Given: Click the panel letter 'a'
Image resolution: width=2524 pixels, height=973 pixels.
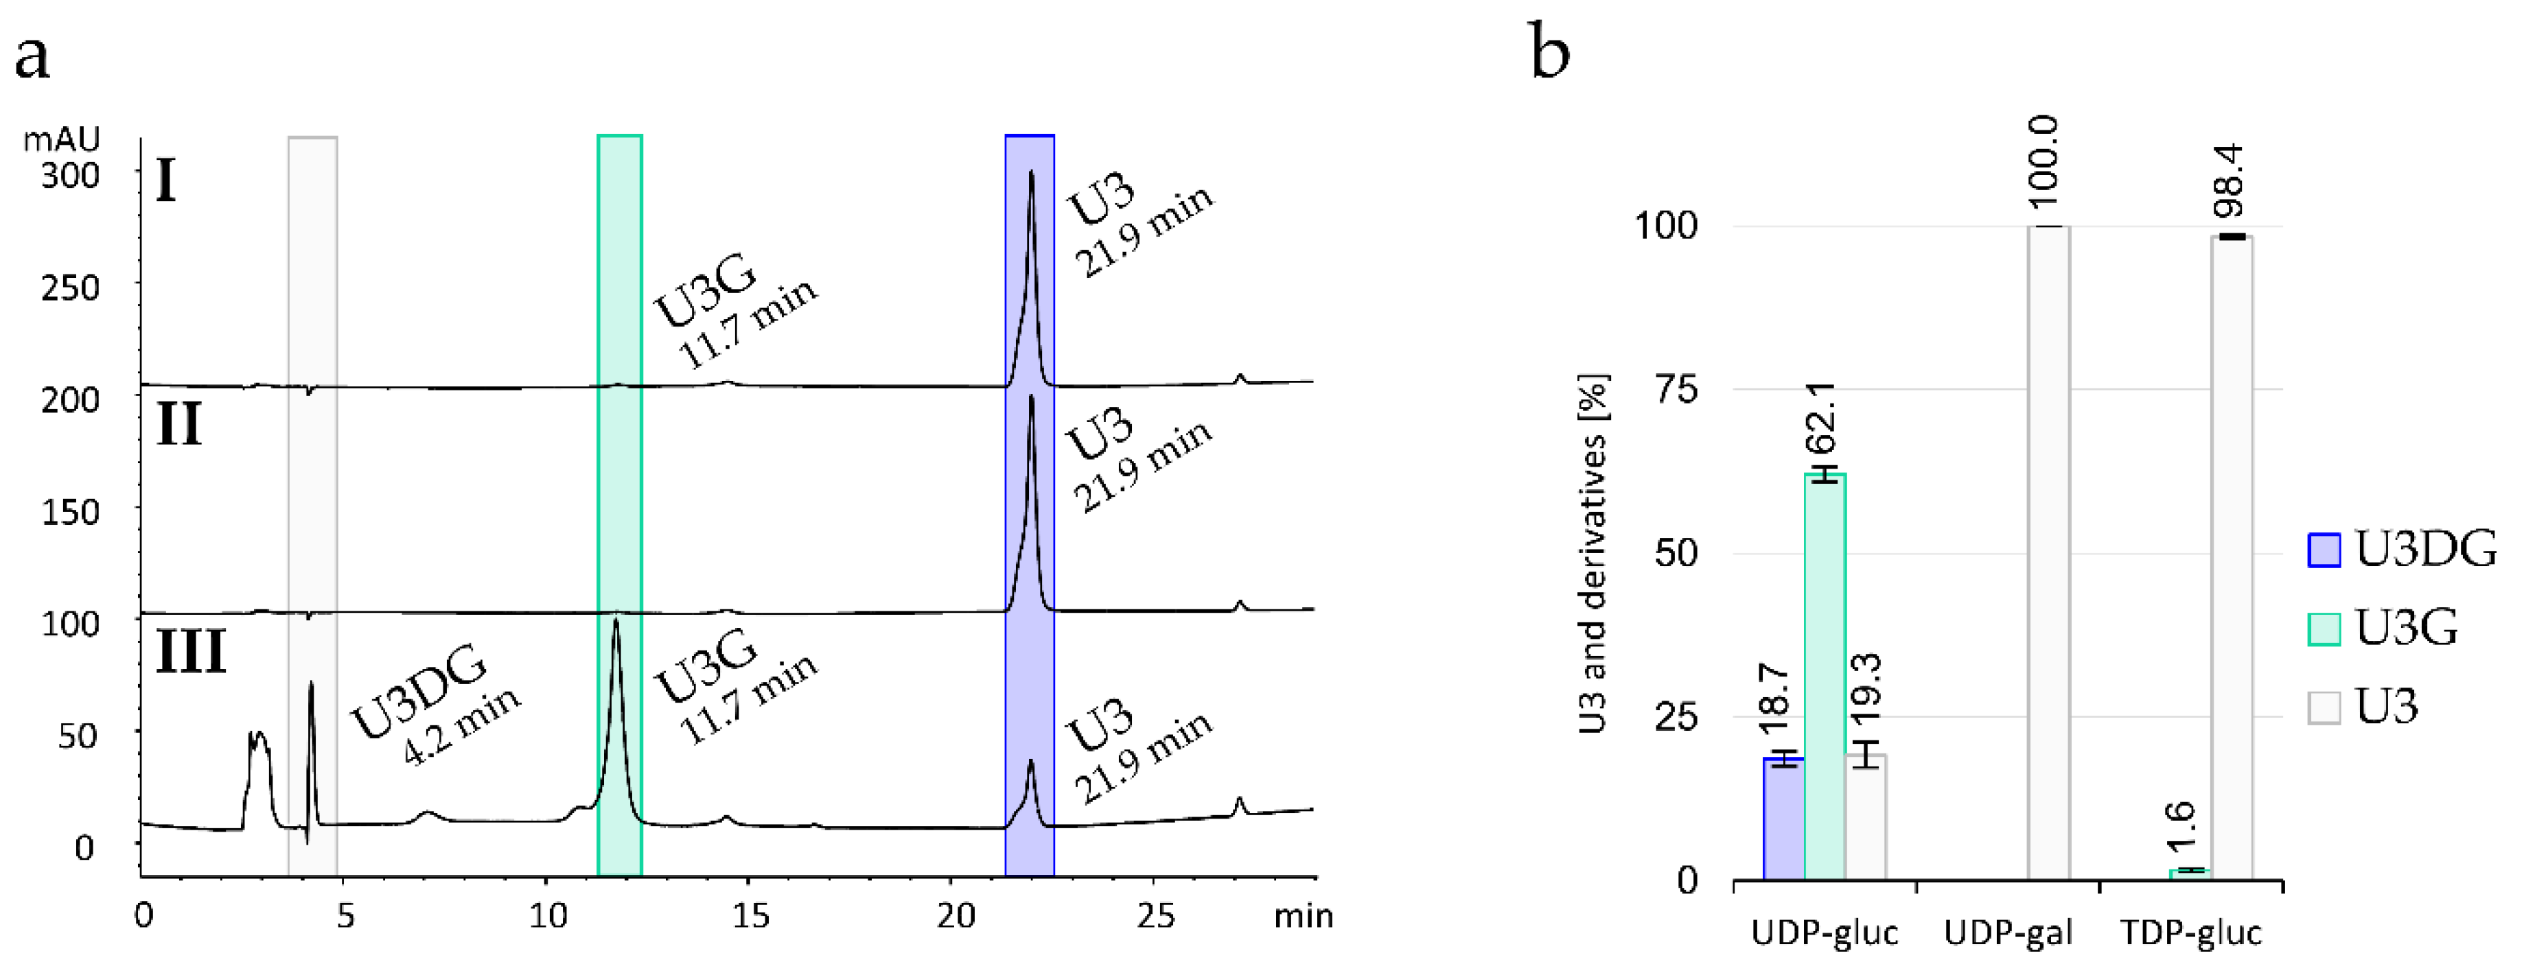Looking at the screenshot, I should click(32, 57).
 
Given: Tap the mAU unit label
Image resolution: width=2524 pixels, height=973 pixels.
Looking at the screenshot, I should click(60, 140).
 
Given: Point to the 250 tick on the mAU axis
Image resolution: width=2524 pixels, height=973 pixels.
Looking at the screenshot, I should click(71, 288).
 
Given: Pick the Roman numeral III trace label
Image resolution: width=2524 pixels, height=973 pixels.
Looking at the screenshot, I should click(191, 652).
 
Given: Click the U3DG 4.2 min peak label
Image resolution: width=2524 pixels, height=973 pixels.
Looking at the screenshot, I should click(434, 703).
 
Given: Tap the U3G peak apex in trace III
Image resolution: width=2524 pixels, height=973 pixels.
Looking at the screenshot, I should click(615, 621).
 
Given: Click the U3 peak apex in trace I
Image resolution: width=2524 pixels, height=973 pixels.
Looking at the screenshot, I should click(1031, 174).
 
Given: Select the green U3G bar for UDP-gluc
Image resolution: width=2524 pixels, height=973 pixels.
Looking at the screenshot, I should click(1825, 676).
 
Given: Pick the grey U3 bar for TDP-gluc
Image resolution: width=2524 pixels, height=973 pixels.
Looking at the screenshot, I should click(2231, 558).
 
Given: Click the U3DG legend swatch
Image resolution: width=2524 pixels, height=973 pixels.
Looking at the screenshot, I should click(2324, 550).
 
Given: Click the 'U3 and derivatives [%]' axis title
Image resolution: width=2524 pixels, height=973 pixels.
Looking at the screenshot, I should click(1594, 554).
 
